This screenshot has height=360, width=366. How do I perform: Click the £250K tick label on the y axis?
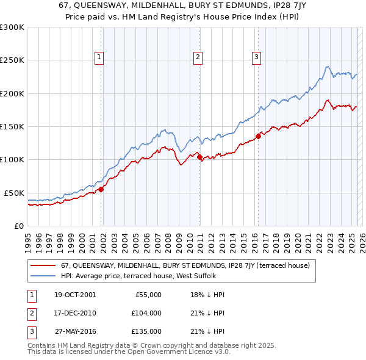(12, 60)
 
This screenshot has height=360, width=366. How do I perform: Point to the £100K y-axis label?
(12, 159)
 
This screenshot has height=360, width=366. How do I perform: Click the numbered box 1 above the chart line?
(99, 57)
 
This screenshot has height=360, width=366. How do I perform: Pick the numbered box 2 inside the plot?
(198, 57)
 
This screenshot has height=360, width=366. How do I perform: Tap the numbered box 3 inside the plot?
(256, 57)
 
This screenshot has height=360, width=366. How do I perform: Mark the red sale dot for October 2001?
(101, 189)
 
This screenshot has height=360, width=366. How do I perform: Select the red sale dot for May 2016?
(258, 137)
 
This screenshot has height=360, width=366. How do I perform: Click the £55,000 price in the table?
(148, 295)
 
